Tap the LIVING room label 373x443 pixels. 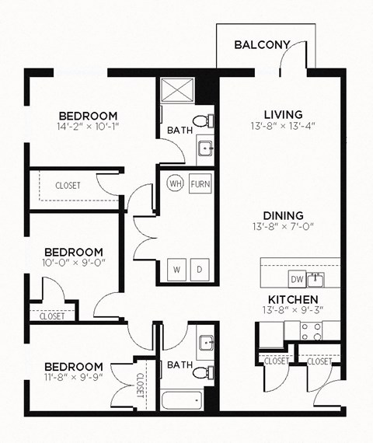click(282, 113)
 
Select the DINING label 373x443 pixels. click(282, 215)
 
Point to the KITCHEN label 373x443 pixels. click(291, 299)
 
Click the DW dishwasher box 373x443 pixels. click(296, 279)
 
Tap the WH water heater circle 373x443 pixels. click(176, 185)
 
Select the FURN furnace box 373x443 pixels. click(200, 185)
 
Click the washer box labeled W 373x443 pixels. click(177, 270)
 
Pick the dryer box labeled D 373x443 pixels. click(199, 270)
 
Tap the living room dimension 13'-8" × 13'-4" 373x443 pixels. click(282, 125)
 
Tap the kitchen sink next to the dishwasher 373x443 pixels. click(315, 278)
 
